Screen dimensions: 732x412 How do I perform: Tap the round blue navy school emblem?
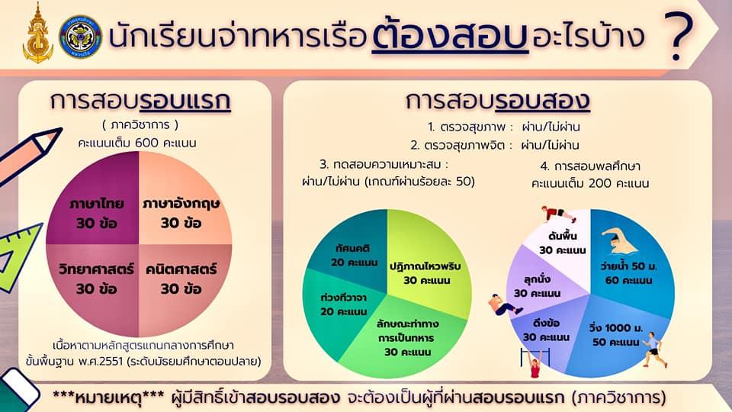tap(80, 37)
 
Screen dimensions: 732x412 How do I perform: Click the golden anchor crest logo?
tap(38, 34)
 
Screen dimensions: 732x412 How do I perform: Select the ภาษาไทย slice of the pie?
tap(97, 205)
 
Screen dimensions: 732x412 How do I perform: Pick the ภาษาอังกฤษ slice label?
tap(181, 213)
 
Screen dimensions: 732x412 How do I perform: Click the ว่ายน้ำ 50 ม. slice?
tap(631, 262)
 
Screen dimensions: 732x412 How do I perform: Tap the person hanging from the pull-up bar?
tap(535, 362)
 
